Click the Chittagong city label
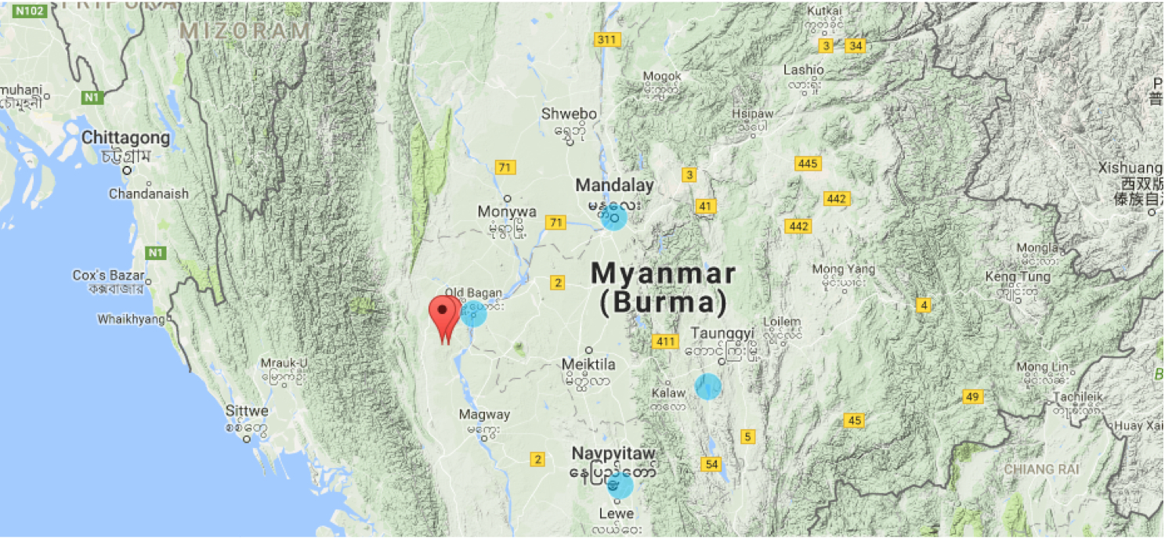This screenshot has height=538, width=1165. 125,139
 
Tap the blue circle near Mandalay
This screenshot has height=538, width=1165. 614,218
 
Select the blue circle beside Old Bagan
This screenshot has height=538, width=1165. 473,313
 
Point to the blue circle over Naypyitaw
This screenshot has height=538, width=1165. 620,485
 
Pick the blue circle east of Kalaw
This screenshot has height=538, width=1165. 707,386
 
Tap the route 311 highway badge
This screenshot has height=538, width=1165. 607,40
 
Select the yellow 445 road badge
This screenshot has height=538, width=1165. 807,164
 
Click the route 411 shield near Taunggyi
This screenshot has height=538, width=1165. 665,341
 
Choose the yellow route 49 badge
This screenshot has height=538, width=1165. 972,397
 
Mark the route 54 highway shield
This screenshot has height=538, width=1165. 711,464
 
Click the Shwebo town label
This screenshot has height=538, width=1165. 569,114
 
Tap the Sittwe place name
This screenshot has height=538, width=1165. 247,411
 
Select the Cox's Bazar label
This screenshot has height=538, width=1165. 109,276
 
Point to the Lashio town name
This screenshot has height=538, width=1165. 803,70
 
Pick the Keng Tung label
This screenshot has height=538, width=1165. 1011,277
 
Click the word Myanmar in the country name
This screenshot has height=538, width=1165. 663,274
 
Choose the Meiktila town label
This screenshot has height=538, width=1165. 588,364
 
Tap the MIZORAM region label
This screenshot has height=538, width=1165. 245,31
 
